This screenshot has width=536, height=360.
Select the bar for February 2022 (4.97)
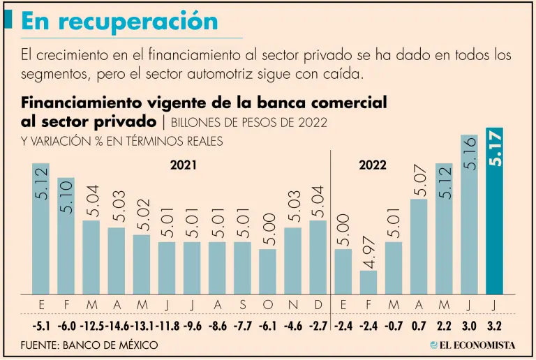[x=368, y=282]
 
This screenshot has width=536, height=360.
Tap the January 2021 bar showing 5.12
[x=41, y=230]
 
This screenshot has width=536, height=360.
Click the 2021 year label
[x=183, y=166]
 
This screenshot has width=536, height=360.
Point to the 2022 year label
[x=373, y=166]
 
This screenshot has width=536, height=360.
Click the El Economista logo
[x=472, y=345]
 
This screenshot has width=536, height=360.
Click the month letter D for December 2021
[x=318, y=306]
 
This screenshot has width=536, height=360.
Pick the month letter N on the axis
[x=292, y=306]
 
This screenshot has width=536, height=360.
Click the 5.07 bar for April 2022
[x=419, y=248]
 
